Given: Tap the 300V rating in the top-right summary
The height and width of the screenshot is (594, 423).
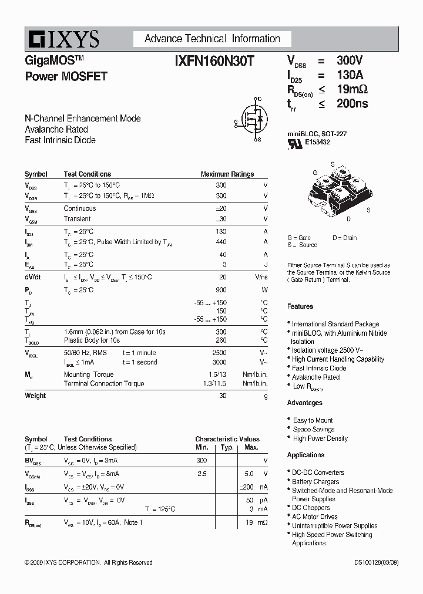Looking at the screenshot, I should click(x=350, y=60).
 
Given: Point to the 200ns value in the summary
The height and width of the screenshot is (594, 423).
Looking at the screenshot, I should click(x=352, y=104).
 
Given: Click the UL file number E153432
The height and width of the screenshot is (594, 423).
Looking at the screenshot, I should click(x=318, y=142).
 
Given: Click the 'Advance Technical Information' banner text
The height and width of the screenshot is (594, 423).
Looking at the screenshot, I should click(x=212, y=39).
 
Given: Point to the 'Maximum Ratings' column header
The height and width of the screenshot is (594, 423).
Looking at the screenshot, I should click(x=227, y=174).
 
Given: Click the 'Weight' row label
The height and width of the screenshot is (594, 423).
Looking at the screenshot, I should click(x=35, y=396).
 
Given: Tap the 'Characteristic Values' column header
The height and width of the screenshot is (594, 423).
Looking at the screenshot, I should click(x=227, y=439).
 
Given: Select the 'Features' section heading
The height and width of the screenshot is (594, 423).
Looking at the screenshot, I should click(x=300, y=306).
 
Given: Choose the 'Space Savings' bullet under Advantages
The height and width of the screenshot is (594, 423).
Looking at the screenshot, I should click(x=314, y=430).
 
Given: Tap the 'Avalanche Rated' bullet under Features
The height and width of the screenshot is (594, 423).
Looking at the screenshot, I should click(x=315, y=377).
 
